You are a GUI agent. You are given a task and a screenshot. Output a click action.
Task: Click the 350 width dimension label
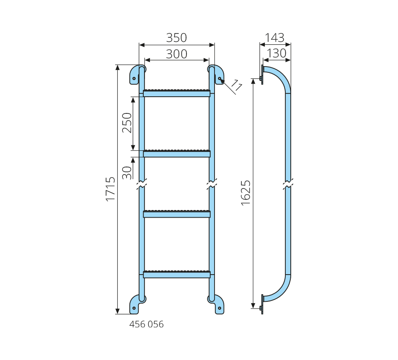click(176, 38)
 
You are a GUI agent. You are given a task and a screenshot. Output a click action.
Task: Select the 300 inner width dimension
click(176, 54)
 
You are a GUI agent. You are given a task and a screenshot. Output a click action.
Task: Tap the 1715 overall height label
click(111, 189)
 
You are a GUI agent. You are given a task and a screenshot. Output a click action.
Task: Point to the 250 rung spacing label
click(127, 123)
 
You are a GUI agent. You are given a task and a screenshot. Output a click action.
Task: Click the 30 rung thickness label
click(127, 173)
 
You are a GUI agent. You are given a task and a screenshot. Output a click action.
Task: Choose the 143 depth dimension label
click(275, 38)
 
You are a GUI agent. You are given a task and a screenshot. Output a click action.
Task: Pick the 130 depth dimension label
click(277, 54)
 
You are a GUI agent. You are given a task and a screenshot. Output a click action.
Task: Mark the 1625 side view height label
click(246, 193)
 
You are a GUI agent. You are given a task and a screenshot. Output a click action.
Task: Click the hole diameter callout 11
click(236, 85)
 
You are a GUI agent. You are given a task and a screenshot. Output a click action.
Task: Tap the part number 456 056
click(147, 324)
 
